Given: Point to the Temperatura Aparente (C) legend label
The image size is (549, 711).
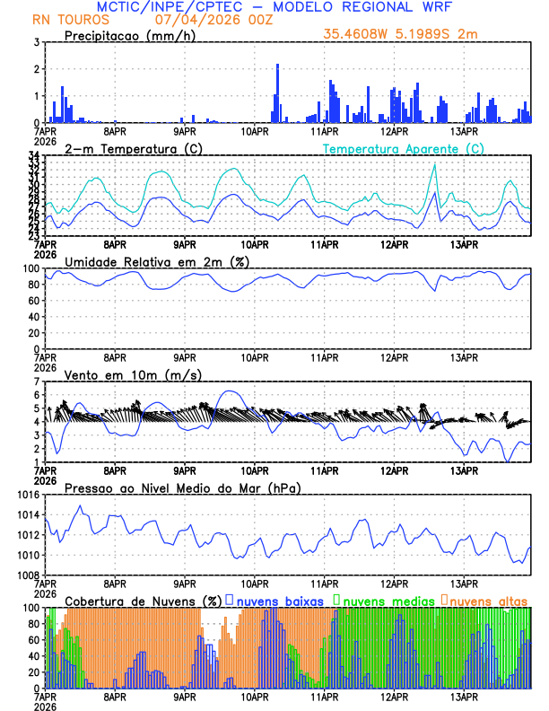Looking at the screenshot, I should (x=404, y=148).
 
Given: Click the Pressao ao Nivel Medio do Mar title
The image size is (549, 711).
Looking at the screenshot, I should (x=182, y=487).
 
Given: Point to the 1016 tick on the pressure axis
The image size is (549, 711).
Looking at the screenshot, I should (x=27, y=495).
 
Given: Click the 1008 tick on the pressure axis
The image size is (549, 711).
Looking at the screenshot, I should (x=27, y=575).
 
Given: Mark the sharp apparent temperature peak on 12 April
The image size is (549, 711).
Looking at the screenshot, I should (x=435, y=165).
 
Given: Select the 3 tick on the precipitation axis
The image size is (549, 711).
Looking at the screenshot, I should (x=37, y=42).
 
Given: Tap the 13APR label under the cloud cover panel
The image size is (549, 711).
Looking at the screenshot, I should (x=463, y=696).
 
